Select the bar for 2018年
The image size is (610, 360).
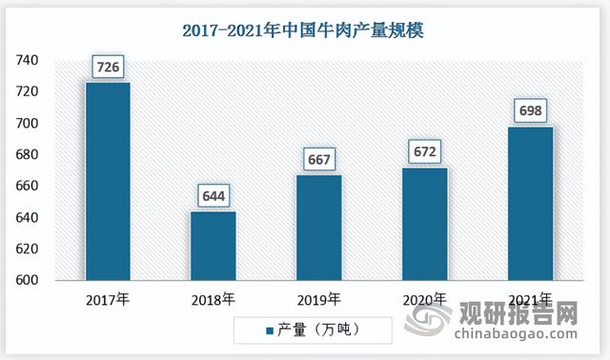coord(213,246)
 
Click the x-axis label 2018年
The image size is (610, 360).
coord(213,300)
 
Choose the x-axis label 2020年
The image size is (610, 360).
coord(424,300)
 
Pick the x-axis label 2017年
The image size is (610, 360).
coord(108,300)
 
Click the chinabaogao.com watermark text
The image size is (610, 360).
coord(515,334)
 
